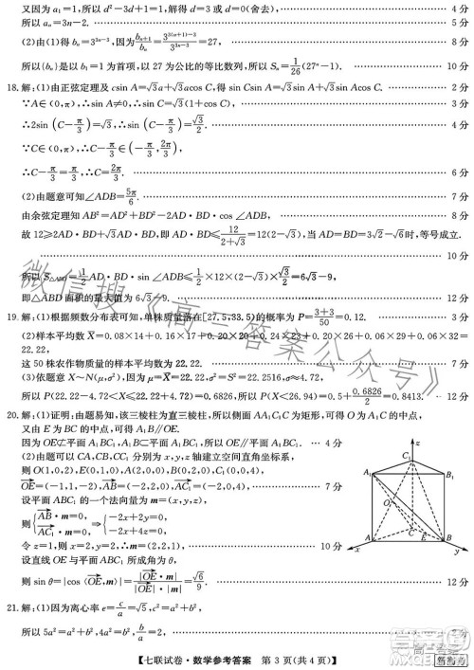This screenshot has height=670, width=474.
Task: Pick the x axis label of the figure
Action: coord(357,562)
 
